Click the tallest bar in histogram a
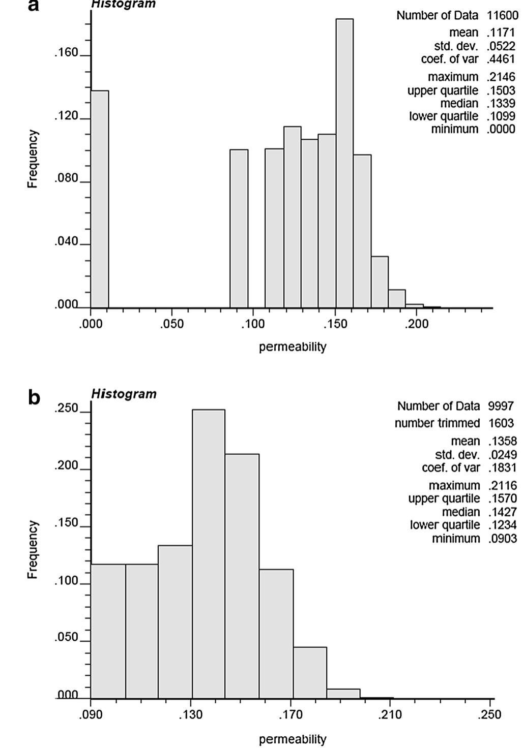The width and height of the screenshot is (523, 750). (344, 163)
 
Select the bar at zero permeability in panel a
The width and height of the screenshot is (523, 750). (100, 199)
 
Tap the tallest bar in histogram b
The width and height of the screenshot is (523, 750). (209, 553)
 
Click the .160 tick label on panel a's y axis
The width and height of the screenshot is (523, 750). (66, 53)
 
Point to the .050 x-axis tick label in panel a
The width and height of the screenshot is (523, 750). (171, 325)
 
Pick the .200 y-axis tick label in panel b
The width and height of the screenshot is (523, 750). (66, 466)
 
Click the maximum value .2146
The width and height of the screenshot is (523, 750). (502, 77)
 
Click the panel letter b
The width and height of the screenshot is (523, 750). (34, 398)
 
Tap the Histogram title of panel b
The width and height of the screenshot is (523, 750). (124, 394)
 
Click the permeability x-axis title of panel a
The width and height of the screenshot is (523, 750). (293, 347)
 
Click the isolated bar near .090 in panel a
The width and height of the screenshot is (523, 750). (239, 229)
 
